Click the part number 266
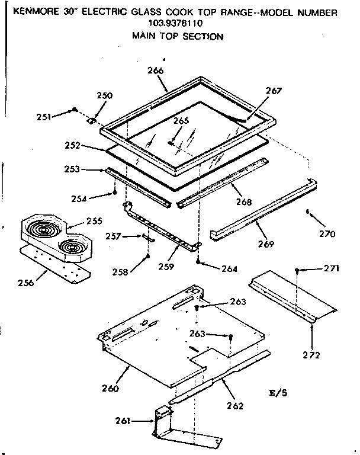[155, 71]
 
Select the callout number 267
[274, 91]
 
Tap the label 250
[104, 95]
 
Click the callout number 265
[181, 120]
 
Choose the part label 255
[94, 221]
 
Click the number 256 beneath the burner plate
[41, 282]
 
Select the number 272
[311, 355]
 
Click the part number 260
[110, 389]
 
